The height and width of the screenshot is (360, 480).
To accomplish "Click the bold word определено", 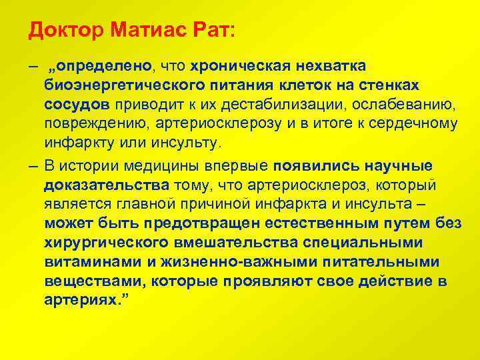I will pyautogui.click(x=105, y=67).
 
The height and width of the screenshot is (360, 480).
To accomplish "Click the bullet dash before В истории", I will pyautogui.click(x=33, y=166).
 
